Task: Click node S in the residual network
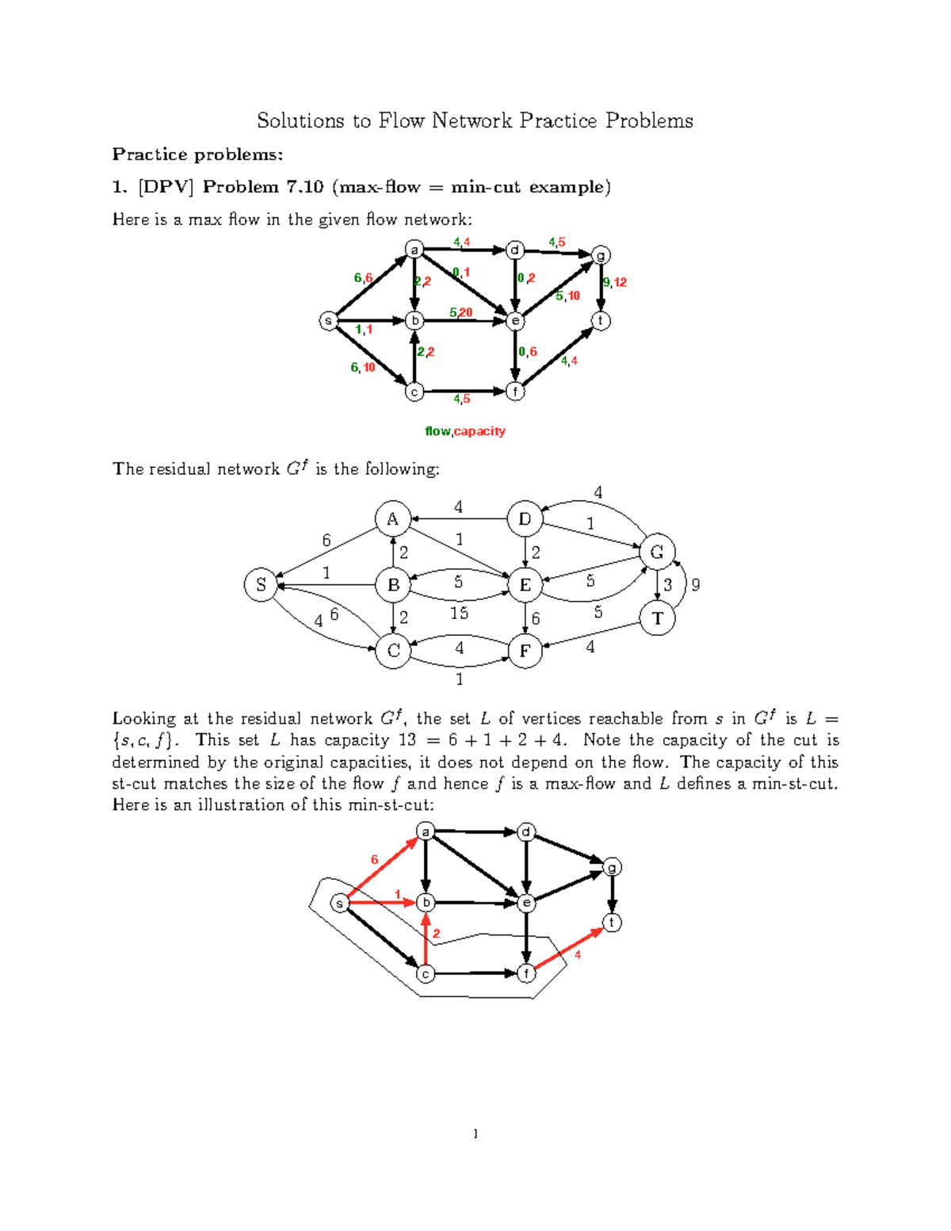261,585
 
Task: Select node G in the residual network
657,552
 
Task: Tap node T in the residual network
657,618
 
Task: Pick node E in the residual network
525,585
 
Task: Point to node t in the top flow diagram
602,321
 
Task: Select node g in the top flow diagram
602,255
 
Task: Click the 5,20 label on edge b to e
460,312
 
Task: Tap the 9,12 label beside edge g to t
615,282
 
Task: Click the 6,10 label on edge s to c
363,367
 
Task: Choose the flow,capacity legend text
465,431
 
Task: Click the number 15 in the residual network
459,614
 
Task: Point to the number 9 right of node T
696,585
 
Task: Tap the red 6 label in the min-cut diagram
375,859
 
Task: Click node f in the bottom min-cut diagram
526,973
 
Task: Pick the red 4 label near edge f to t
578,955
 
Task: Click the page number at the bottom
475,1134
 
